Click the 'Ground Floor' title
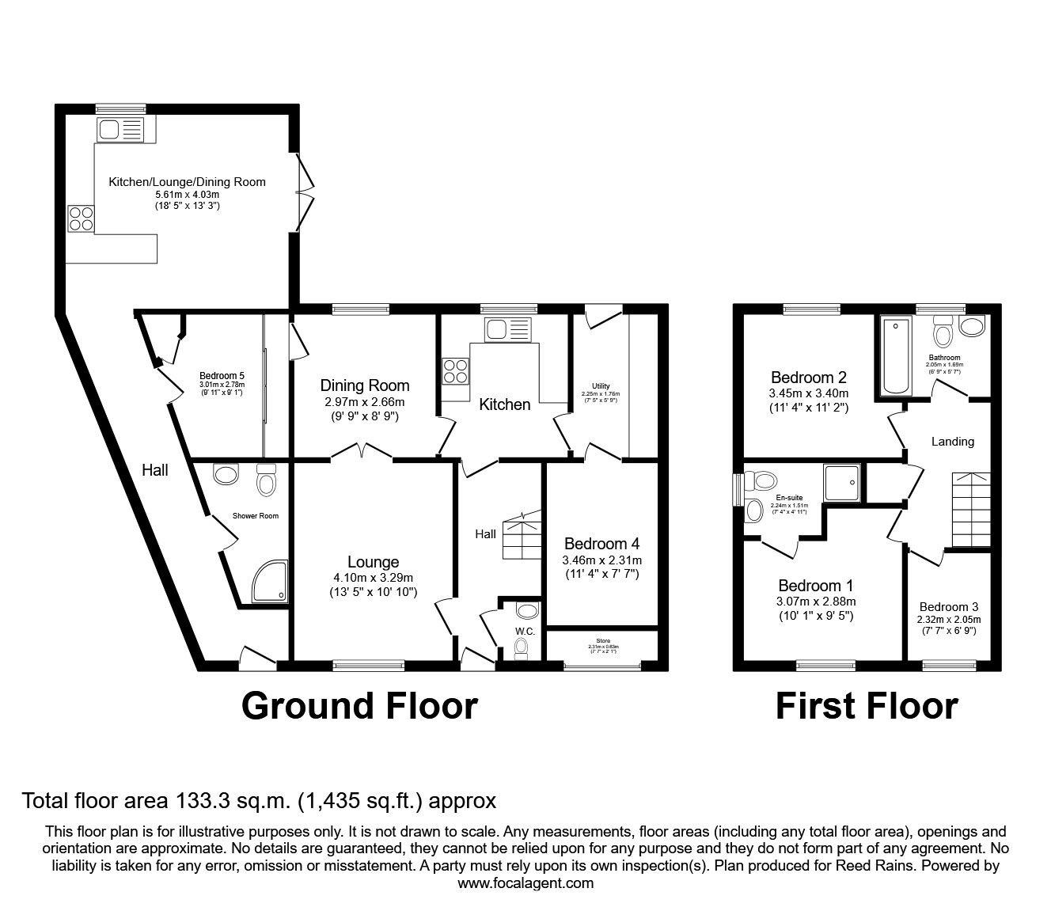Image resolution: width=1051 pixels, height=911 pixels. click(359, 705)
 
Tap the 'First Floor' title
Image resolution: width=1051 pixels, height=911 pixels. click(867, 705)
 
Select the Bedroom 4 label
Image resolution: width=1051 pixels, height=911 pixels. click(601, 544)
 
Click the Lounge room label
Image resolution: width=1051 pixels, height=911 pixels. click(373, 562)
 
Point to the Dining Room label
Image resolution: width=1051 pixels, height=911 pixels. click(365, 385)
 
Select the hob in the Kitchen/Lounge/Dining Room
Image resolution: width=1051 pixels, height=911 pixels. click(81, 218)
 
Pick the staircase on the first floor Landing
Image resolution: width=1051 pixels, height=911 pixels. click(968, 510)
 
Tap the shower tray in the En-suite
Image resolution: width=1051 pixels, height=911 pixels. click(841, 482)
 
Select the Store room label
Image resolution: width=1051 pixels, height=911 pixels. click(604, 640)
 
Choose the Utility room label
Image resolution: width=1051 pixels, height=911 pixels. click(601, 386)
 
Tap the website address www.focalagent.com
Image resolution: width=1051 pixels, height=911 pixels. click(525, 883)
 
